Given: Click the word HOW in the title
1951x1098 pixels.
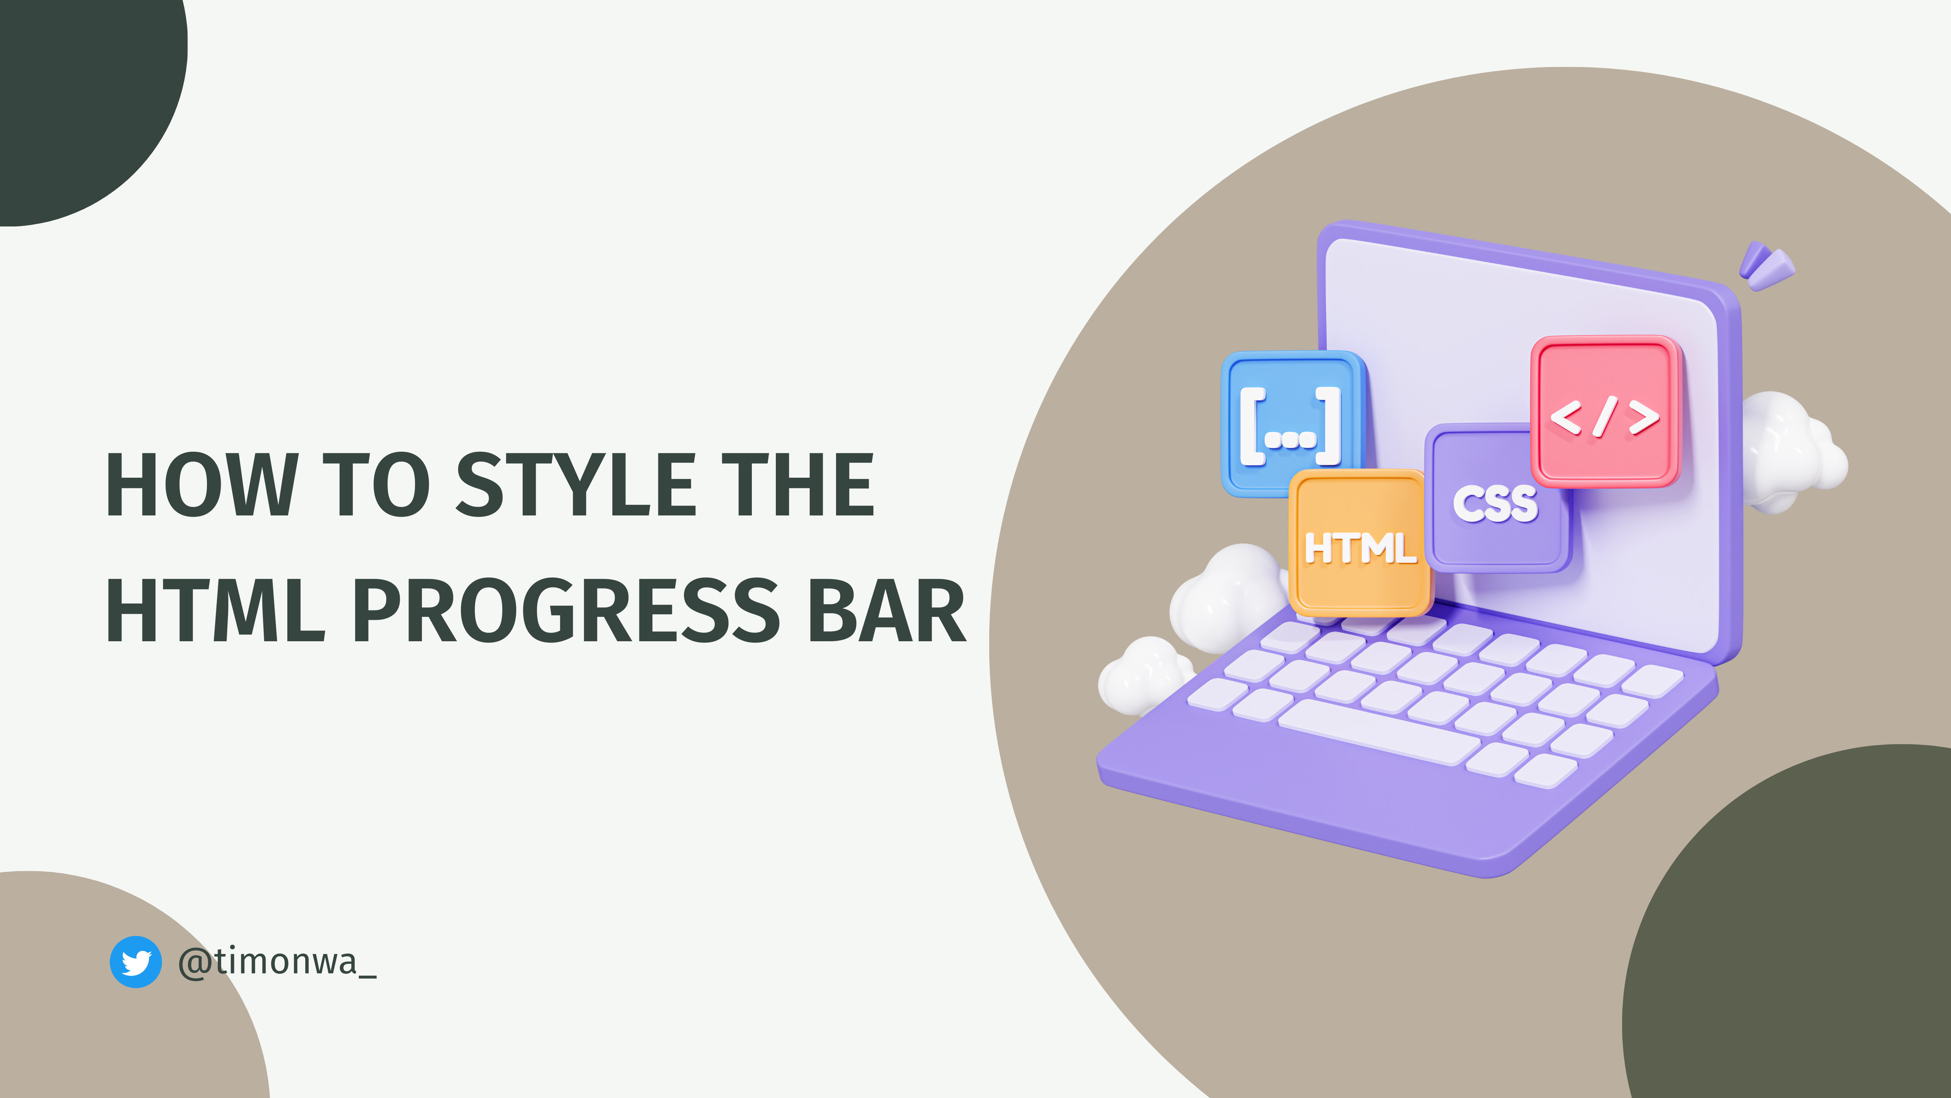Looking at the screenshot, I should tap(201, 485).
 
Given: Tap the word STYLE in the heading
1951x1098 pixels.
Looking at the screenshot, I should tap(576, 485).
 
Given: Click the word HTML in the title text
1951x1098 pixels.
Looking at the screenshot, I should tap(216, 611).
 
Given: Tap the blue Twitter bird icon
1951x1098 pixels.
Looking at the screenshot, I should tap(136, 962).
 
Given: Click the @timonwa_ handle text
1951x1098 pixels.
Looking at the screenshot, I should tap(277, 962).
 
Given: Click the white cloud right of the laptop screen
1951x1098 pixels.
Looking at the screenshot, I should tap(1791, 451).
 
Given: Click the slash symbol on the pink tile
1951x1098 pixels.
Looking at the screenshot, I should tap(1604, 417).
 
